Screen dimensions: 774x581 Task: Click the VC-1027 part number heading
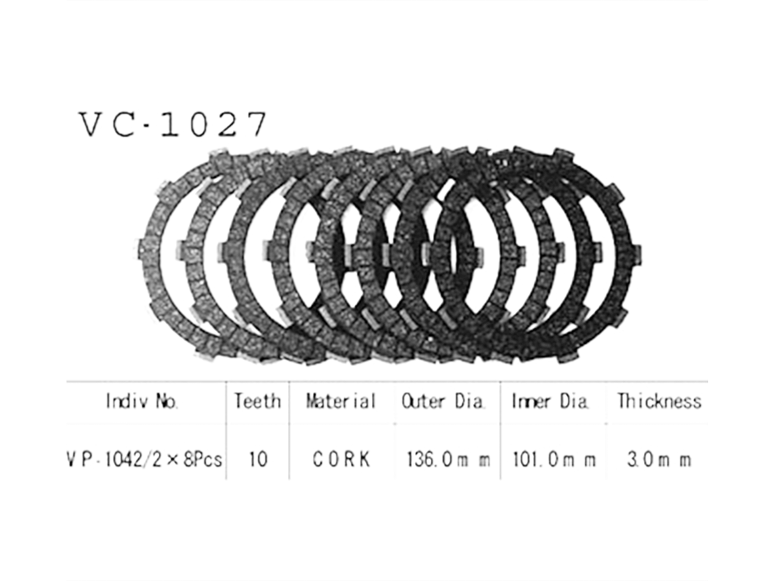tap(173, 125)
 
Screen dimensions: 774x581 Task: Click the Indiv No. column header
tap(142, 401)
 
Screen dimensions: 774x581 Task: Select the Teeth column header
tap(258, 401)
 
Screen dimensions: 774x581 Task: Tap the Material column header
tap(341, 401)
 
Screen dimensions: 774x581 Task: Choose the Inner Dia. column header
tap(550, 401)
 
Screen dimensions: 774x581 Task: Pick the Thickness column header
tap(659, 401)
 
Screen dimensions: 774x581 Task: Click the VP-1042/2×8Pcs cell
tap(144, 460)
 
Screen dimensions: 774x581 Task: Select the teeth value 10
tap(258, 460)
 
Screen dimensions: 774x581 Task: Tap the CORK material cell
tap(341, 460)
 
